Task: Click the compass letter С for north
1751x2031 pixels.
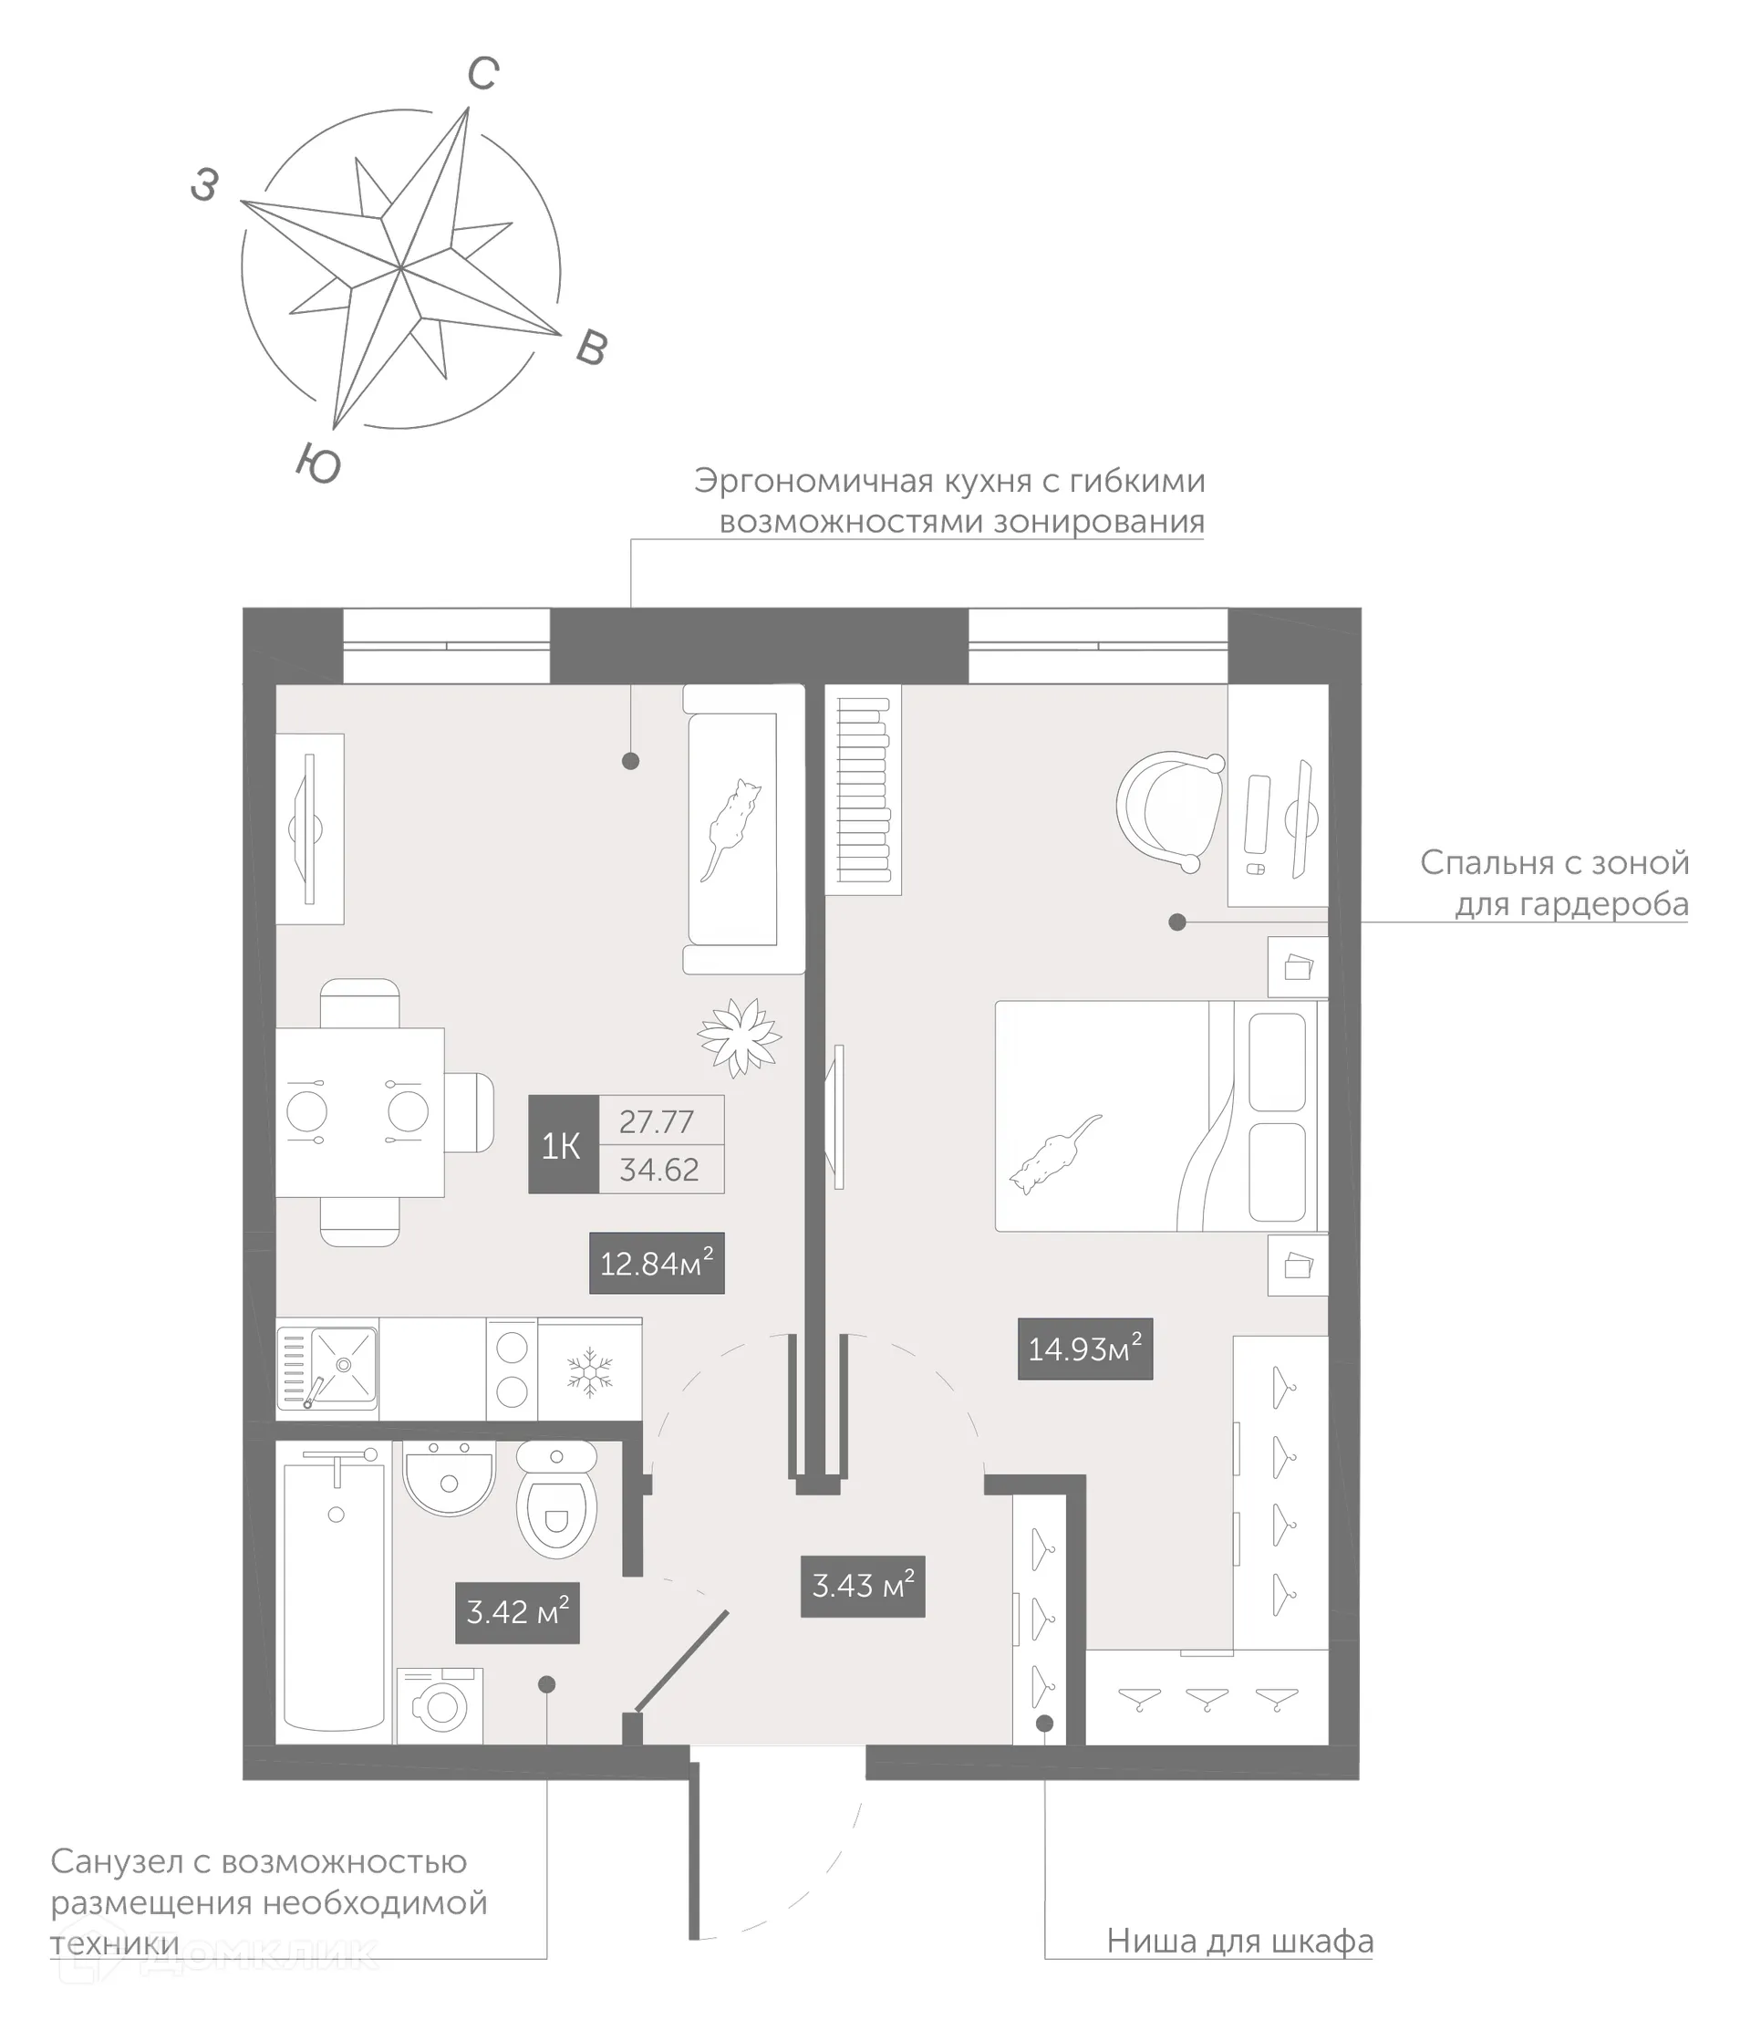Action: click(483, 74)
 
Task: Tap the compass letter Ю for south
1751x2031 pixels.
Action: click(318, 463)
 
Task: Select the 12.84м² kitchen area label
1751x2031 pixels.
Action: click(656, 1264)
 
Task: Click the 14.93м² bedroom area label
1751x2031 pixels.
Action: click(1084, 1349)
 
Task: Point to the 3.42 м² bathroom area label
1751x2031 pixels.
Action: click(517, 1612)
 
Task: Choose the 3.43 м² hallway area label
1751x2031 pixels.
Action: click(862, 1586)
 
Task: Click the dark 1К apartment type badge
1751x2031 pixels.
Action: click(563, 1144)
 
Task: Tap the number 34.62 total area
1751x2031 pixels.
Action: click(659, 1170)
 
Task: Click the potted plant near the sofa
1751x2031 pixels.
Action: click(739, 1036)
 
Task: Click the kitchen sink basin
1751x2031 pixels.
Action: click(342, 1363)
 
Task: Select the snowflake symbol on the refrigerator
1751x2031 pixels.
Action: click(590, 1371)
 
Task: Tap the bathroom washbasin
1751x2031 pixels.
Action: click(449, 1479)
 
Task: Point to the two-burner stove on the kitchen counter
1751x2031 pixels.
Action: click(512, 1370)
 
